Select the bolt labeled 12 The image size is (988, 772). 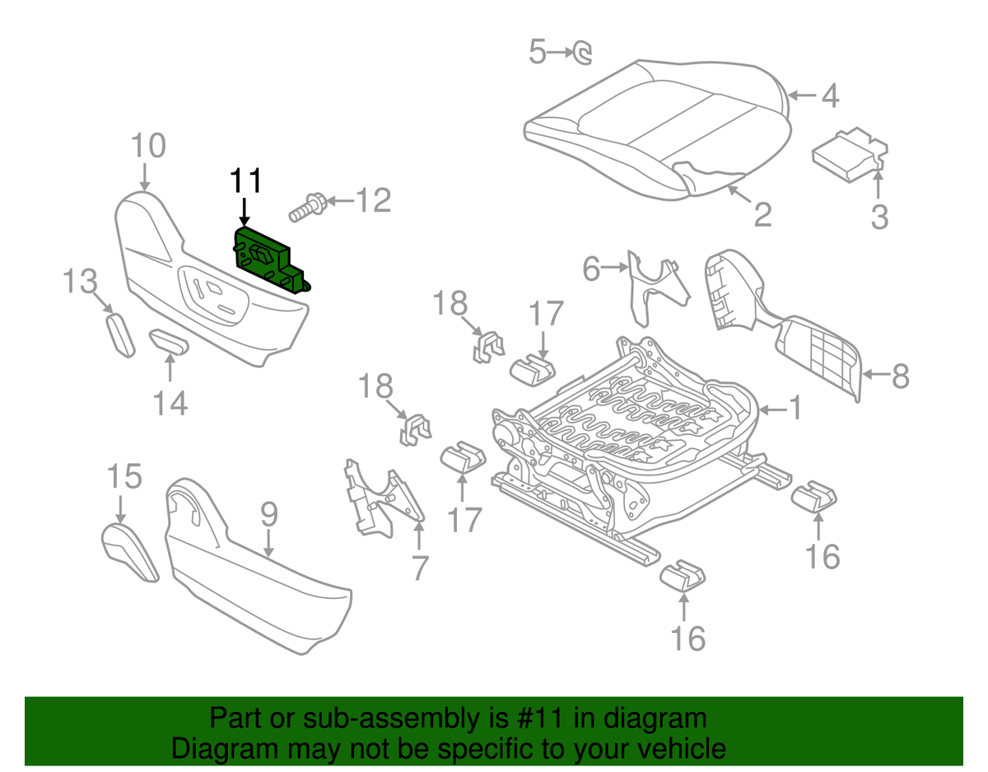(x=305, y=207)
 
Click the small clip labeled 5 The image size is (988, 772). (x=583, y=54)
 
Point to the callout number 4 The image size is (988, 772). (x=829, y=97)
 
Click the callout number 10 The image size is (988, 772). (x=149, y=147)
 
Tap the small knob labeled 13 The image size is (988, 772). (x=120, y=335)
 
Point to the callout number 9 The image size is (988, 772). (x=269, y=516)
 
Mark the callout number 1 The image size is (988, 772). (x=795, y=408)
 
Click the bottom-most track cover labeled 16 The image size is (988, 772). (x=683, y=575)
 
